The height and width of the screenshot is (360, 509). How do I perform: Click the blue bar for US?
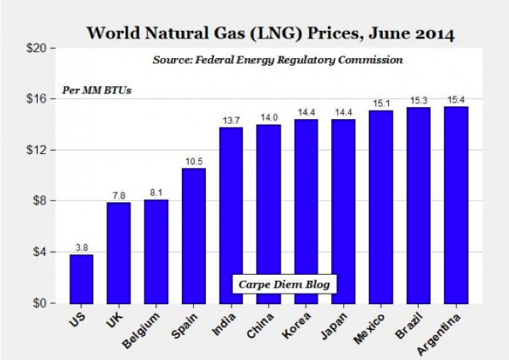(x=81, y=278)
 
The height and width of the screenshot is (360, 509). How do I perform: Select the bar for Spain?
(x=194, y=235)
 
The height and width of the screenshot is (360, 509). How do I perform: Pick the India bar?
(x=232, y=215)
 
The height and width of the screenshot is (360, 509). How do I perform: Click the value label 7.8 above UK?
(x=118, y=195)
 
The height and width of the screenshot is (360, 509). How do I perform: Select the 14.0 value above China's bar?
(x=268, y=117)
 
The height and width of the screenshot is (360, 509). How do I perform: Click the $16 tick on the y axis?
(x=35, y=99)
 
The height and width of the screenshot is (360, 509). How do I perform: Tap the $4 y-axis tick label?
(x=38, y=252)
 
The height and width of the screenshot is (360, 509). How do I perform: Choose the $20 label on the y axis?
(x=35, y=48)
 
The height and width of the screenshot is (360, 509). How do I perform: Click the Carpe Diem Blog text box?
(x=284, y=285)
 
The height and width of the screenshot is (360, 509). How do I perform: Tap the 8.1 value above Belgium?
(x=156, y=193)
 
